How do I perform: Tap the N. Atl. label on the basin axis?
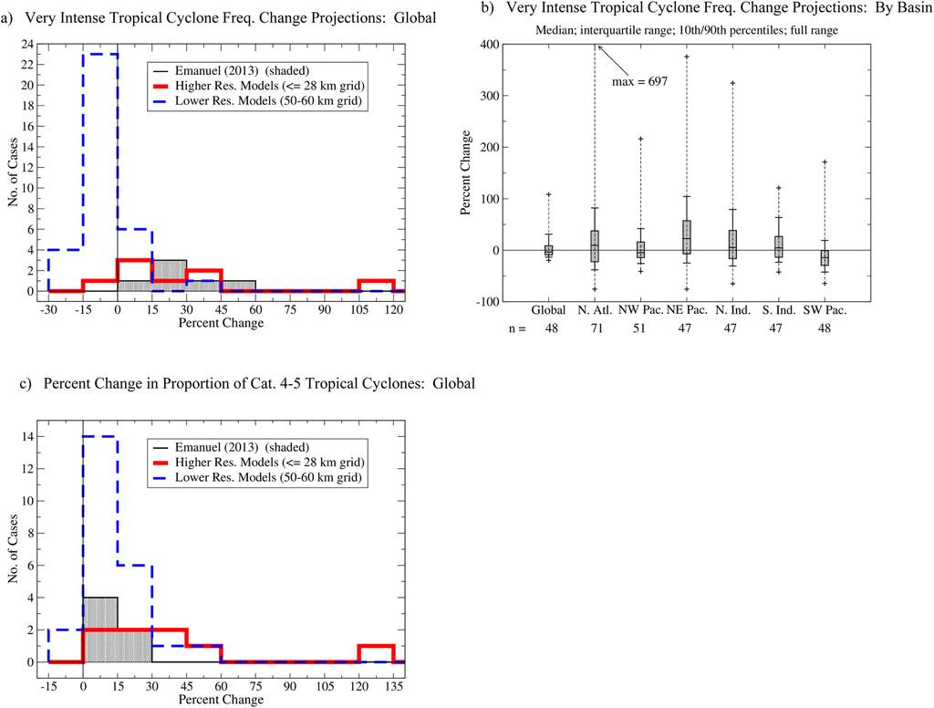[594, 310]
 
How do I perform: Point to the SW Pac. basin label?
[825, 310]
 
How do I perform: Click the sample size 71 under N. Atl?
[594, 329]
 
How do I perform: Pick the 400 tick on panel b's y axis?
[492, 45]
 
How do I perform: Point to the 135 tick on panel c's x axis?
[393, 686]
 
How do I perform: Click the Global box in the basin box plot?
[548, 250]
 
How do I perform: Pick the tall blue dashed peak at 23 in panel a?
[100, 54]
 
